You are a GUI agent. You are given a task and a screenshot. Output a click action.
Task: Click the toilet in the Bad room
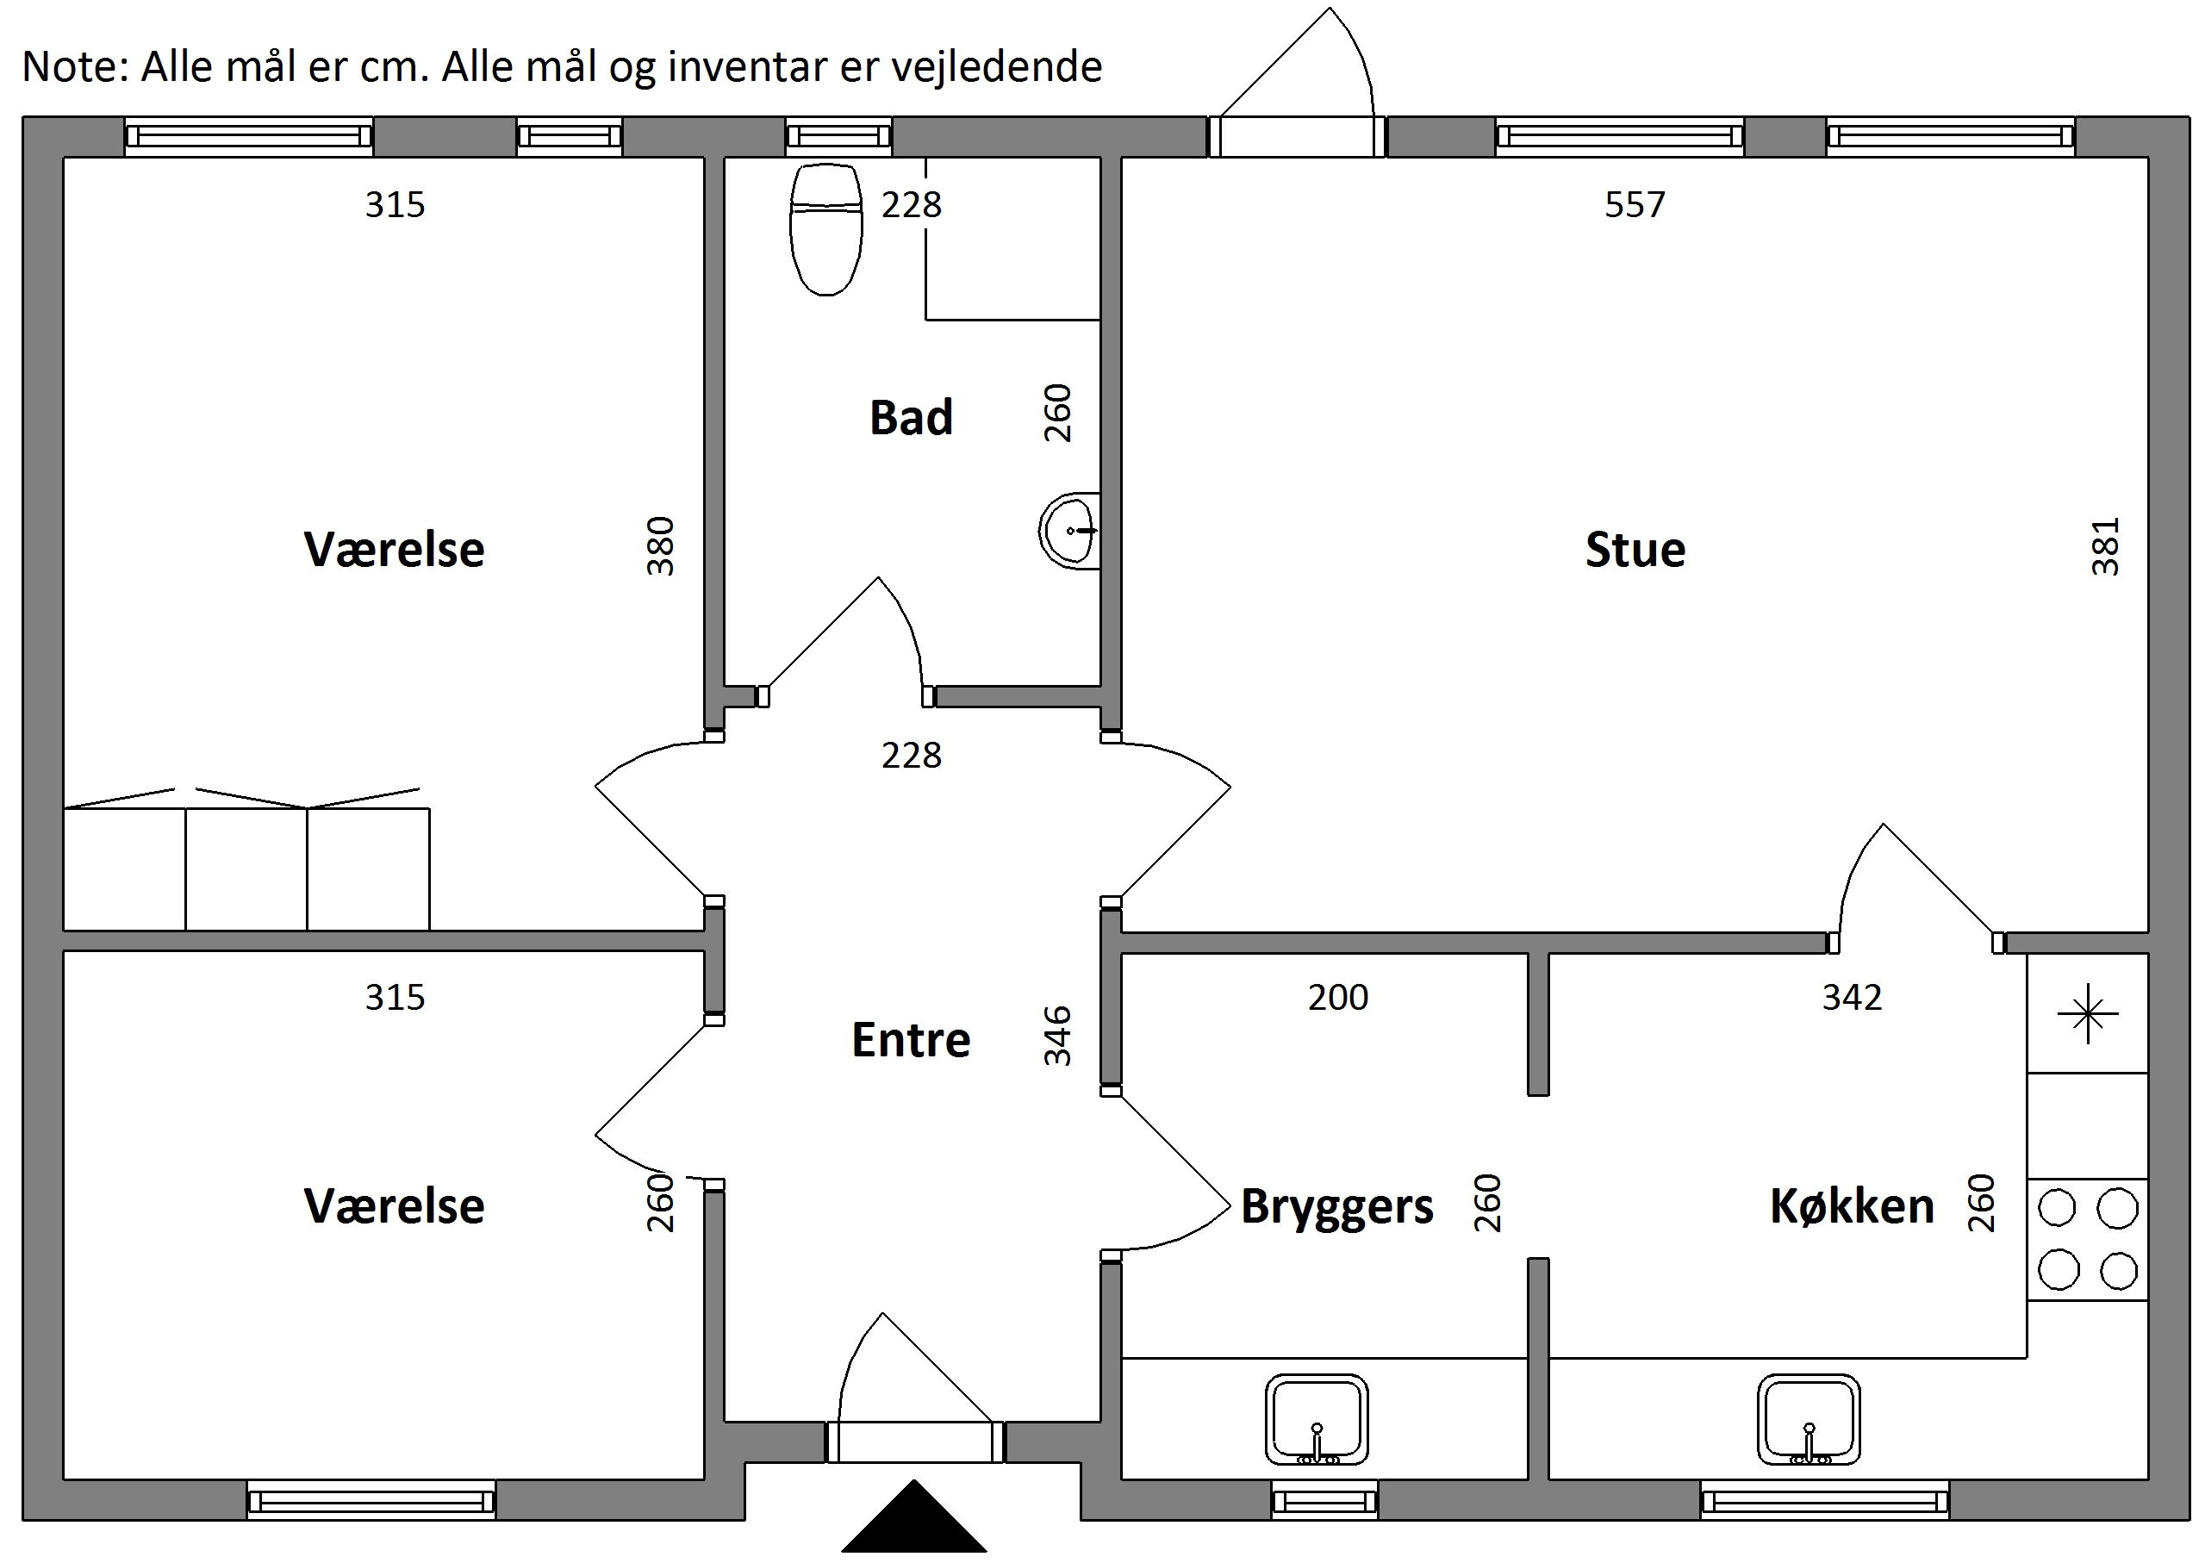coord(825,229)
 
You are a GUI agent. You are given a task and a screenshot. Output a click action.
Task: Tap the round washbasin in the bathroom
coord(1069,529)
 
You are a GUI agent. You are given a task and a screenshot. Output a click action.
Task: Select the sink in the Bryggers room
coord(1316,1420)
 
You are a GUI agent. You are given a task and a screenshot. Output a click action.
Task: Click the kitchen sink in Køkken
coord(1808,1420)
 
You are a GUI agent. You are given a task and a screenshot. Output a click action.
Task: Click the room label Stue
coord(1635,550)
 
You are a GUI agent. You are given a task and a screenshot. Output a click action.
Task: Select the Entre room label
coord(911,1039)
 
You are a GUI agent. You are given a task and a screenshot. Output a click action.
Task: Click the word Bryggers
coord(1336,1208)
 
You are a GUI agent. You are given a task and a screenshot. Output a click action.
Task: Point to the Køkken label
coord(1852,1206)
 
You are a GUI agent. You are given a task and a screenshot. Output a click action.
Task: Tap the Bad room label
coord(911,418)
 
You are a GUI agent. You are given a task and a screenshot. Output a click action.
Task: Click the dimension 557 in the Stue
coord(1635,205)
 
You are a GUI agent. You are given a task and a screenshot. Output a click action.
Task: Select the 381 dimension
coord(2105,546)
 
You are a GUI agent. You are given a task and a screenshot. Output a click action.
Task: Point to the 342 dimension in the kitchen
coord(1852,997)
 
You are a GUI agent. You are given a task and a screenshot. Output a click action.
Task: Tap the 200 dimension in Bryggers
coord(1338,997)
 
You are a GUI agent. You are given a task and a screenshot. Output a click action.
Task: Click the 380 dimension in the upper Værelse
coord(659,545)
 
